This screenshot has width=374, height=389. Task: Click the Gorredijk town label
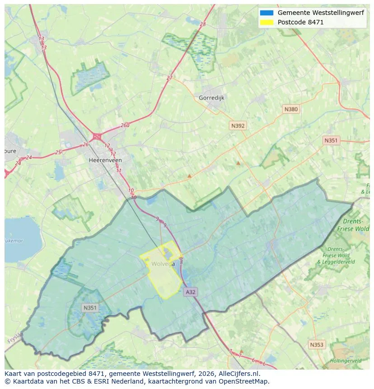point(211,98)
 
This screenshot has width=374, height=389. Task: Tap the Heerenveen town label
point(105,160)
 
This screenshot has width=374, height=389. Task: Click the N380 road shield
point(291,109)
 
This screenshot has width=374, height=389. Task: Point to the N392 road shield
point(238,126)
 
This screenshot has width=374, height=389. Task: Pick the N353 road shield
point(317,344)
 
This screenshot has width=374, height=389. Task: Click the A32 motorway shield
point(191,292)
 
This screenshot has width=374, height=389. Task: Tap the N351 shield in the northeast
point(331,141)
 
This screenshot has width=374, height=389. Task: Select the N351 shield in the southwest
point(89,308)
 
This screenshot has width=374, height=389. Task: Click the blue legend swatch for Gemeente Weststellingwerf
point(266,13)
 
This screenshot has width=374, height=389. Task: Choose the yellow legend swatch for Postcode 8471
point(266,22)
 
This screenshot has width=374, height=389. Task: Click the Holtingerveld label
point(346,361)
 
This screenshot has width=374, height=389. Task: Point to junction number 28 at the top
point(202,24)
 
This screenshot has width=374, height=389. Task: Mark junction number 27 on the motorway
point(169,78)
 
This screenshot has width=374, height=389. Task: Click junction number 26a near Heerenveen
point(125,126)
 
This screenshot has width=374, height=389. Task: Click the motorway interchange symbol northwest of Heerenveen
point(97,136)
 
